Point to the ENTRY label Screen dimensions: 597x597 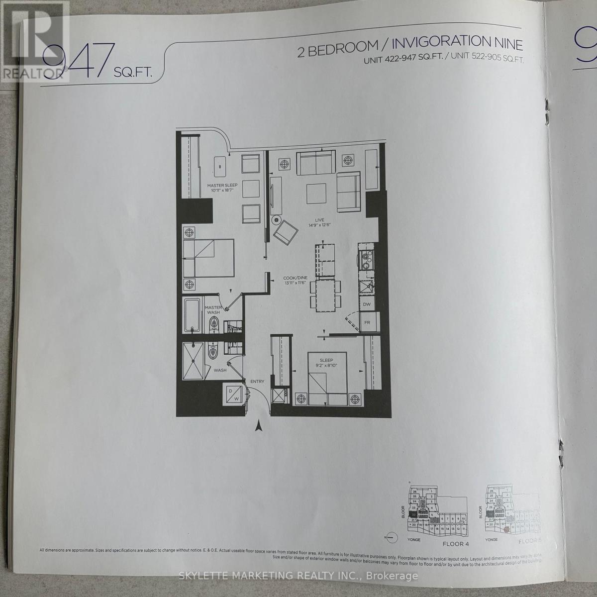point(257,382)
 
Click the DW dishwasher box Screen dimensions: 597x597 point(367,304)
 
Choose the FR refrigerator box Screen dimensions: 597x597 point(367,322)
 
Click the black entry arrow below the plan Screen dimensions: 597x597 point(258,426)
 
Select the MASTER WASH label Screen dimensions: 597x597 point(213,310)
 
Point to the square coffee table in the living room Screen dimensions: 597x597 point(316,192)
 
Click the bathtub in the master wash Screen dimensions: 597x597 point(193,315)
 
